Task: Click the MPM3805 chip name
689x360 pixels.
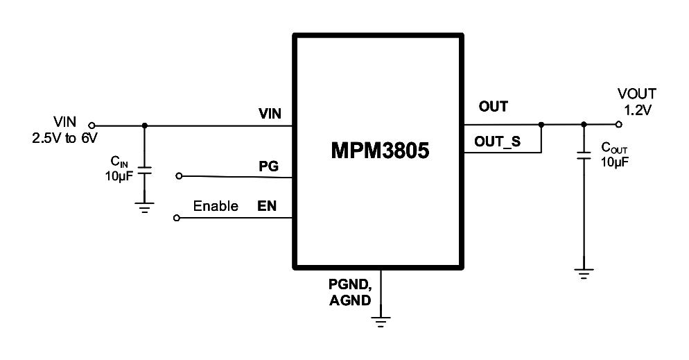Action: point(379,151)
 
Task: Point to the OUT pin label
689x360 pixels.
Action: point(493,107)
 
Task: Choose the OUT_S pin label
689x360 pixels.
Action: point(497,142)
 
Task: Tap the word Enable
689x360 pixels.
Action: point(215,206)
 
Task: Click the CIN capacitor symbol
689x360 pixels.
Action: point(144,171)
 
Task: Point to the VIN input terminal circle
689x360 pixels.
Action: point(91,126)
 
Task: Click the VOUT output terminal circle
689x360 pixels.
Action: point(619,125)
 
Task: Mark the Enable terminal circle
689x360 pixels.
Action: point(176,218)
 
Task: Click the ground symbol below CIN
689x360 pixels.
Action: point(144,207)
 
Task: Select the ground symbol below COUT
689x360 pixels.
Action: point(584,273)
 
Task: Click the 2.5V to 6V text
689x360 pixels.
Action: point(64,138)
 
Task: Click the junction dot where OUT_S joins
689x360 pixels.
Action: point(541,126)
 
